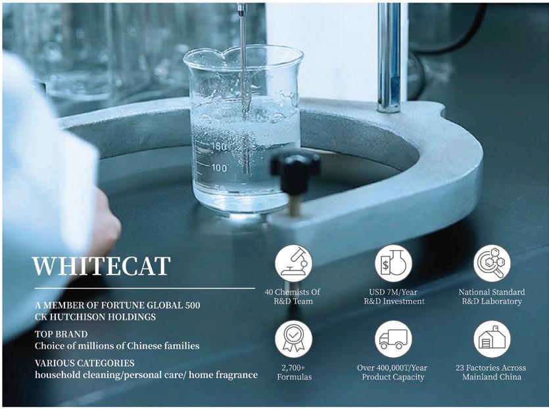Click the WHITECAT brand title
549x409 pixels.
(x=101, y=266)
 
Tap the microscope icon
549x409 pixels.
(x=293, y=263)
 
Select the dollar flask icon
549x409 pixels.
(x=393, y=263)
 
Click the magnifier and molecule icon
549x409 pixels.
(x=492, y=263)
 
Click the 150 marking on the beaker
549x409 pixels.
(x=219, y=146)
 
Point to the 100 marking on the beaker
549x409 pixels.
(x=219, y=168)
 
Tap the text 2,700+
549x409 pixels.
(x=293, y=368)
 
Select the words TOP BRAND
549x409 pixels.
(x=61, y=334)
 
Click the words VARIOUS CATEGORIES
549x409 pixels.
(x=84, y=363)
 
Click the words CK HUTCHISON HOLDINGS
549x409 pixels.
(x=95, y=317)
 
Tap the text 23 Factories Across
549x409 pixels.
(x=491, y=368)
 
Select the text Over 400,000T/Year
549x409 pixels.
(x=392, y=368)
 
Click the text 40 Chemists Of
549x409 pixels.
(x=293, y=292)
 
